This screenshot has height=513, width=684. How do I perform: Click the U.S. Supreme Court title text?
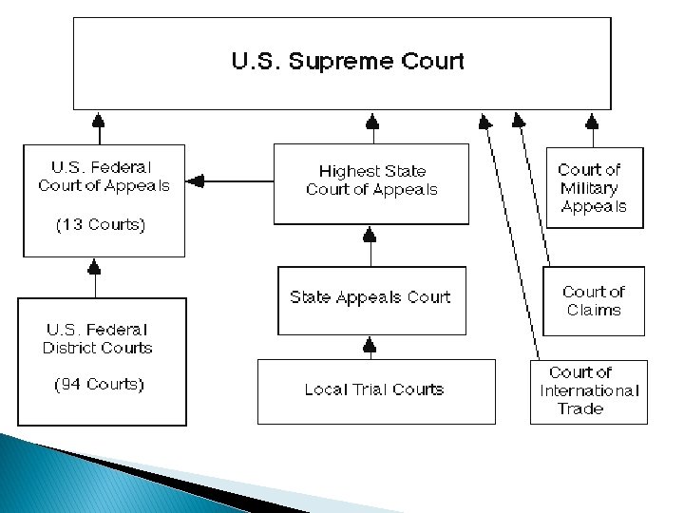348,63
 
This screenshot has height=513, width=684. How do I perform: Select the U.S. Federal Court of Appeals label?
104,177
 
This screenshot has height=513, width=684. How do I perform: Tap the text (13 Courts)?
101,226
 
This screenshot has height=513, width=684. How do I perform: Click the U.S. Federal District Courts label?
97,338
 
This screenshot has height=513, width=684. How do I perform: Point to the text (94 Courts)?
99,385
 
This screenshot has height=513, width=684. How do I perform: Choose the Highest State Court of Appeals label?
371,180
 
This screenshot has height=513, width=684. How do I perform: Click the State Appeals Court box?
370,298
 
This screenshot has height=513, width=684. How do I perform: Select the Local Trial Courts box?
374,389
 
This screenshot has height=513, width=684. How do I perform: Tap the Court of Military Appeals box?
594,187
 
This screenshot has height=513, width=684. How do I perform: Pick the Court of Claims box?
594,300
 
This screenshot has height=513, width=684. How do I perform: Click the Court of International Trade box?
589,390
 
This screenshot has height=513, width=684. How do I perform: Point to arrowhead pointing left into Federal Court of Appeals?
195,180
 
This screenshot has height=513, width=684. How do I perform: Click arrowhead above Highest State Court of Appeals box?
372,121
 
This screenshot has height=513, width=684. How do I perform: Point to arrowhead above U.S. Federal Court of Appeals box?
96,121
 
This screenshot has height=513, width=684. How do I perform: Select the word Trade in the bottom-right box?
580,408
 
